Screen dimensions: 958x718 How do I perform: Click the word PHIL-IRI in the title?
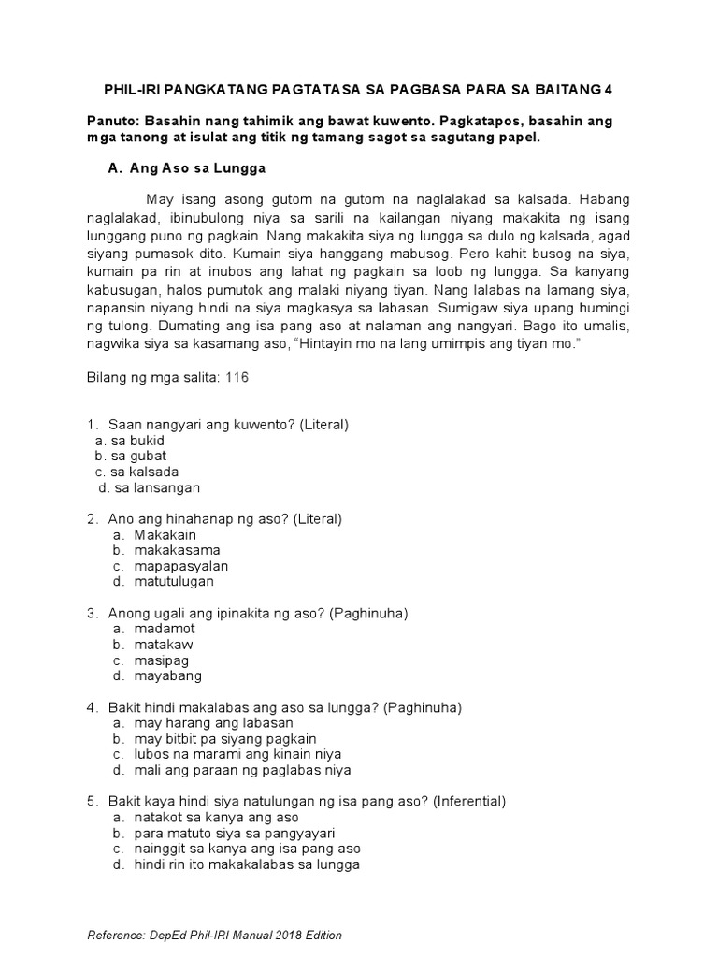click(x=134, y=90)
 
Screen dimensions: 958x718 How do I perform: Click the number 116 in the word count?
click(x=236, y=378)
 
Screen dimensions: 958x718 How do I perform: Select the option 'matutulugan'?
click(x=174, y=581)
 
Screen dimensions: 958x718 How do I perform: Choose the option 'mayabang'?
click(x=167, y=675)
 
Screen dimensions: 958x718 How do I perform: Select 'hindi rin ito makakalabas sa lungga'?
click(x=247, y=864)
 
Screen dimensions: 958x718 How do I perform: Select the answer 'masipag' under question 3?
click(x=162, y=660)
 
